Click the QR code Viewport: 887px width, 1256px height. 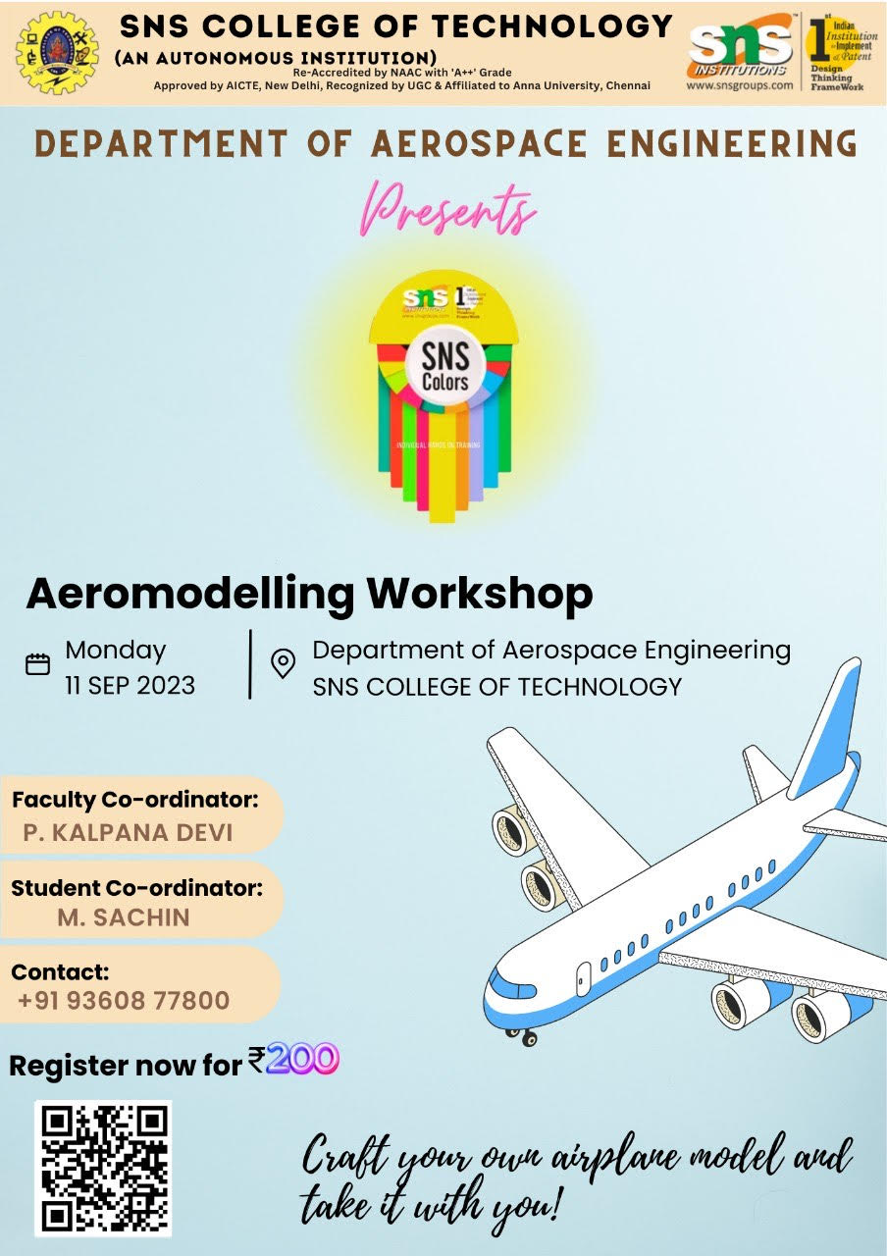tap(103, 1168)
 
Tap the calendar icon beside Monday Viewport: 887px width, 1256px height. tap(37, 664)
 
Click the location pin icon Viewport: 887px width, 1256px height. tap(284, 663)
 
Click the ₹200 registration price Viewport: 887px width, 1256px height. tap(293, 1060)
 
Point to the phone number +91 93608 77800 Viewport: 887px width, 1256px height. tap(124, 1001)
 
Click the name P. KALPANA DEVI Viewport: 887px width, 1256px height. tap(129, 833)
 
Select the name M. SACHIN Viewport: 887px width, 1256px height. tap(125, 917)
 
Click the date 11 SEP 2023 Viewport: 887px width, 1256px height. tap(130, 685)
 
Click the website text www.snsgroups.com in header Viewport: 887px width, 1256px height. tap(740, 85)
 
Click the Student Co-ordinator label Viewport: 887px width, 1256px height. tap(137, 888)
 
